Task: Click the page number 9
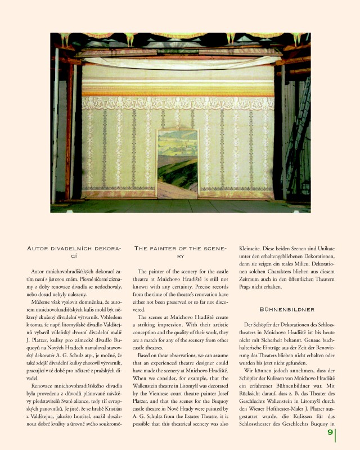[x=330, y=433]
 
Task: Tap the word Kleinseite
[x=254, y=248]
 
